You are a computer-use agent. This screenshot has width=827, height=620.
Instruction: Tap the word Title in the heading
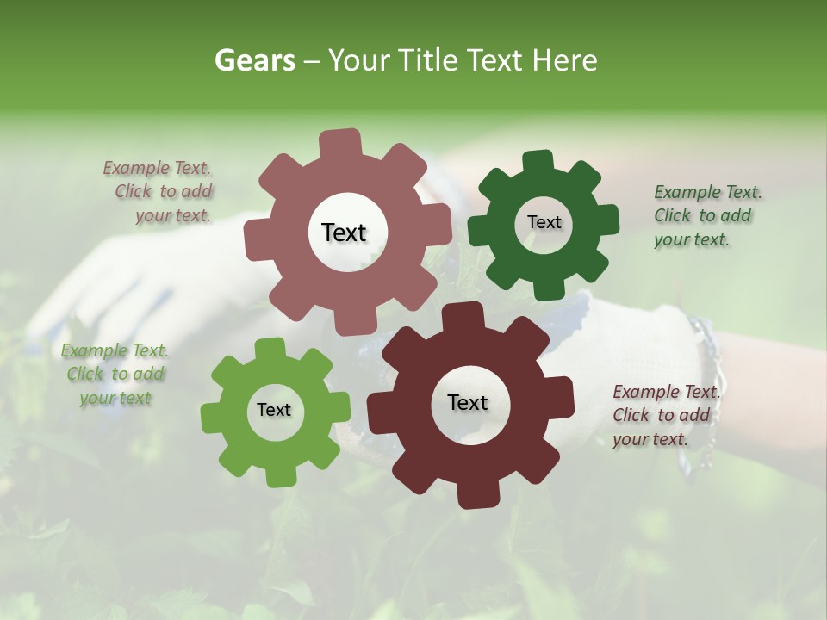coord(426,60)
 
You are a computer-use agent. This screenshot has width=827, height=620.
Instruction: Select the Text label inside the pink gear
coord(344,232)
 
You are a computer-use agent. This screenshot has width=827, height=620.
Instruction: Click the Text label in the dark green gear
coord(544,222)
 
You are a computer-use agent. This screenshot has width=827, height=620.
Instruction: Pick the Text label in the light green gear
coord(274,410)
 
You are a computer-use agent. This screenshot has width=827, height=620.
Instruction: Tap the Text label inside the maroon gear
coord(468,402)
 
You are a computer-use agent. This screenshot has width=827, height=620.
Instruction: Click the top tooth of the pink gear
coord(340,143)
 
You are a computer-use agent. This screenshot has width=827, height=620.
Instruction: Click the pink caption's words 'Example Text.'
coord(157,168)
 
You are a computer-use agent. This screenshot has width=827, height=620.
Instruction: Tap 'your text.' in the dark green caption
coord(692,239)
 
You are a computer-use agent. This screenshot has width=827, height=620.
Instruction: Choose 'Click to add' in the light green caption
coord(115,374)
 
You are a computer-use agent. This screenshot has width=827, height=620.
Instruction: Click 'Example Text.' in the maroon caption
coord(666,392)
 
